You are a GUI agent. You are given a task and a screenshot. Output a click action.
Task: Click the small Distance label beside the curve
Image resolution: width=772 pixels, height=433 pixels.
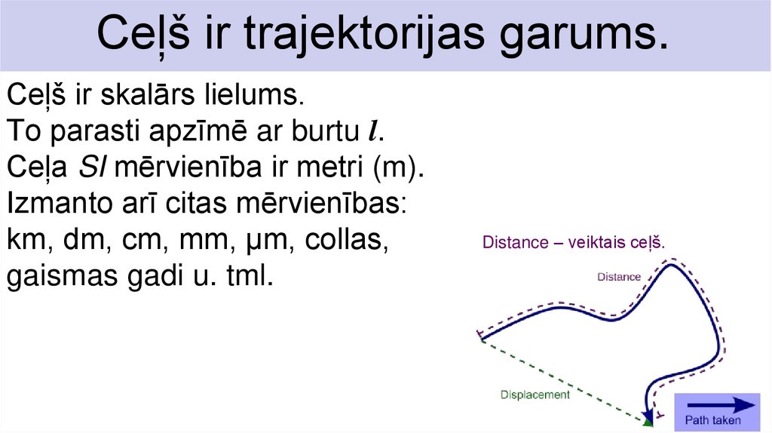[x=618, y=277]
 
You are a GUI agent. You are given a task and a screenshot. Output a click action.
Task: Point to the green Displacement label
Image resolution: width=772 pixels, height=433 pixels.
[x=535, y=394]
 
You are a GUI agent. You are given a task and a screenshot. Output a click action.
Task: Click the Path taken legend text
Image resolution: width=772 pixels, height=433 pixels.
[x=712, y=421]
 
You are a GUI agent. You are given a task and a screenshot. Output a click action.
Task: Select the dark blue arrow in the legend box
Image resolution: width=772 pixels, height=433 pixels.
[x=721, y=404]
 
